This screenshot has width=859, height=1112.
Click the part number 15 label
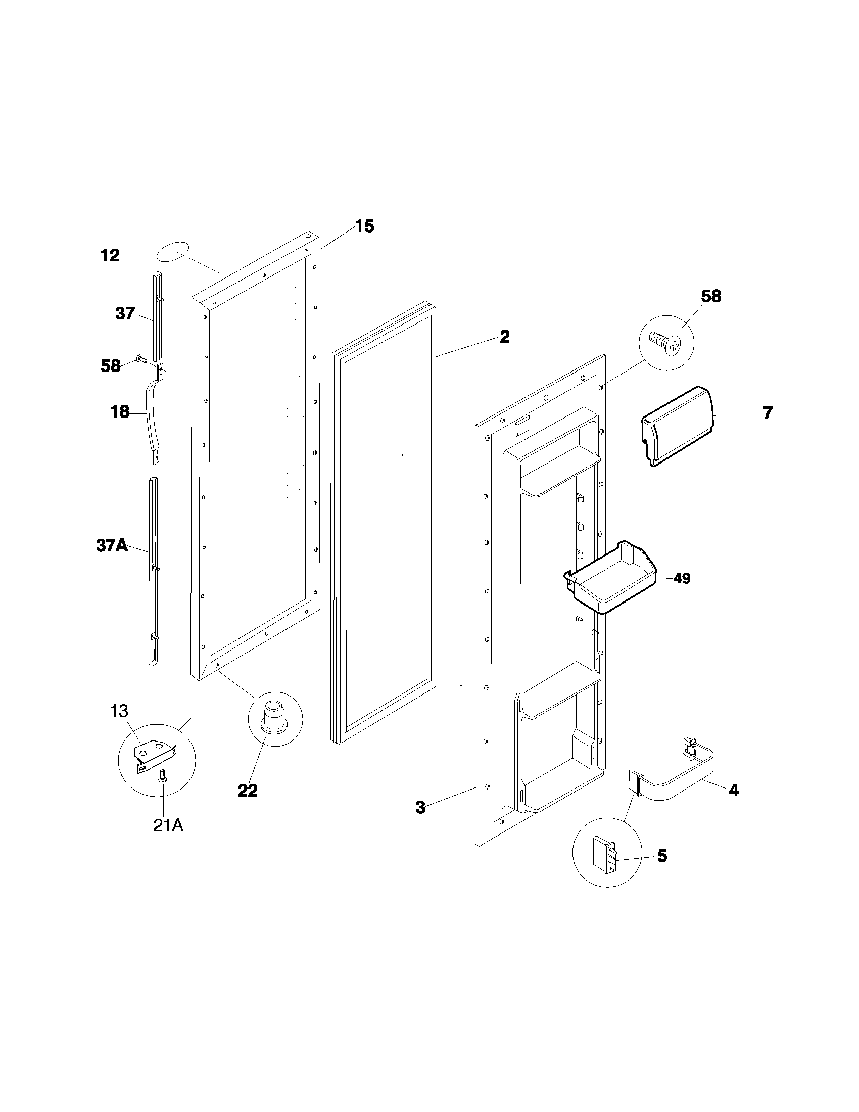pyautogui.click(x=364, y=226)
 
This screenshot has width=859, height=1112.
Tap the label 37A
pyautogui.click(x=112, y=546)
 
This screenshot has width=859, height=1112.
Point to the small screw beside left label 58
pyautogui.click(x=141, y=359)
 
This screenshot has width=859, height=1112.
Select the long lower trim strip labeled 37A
pyautogui.click(x=153, y=570)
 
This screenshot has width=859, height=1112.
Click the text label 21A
pyautogui.click(x=168, y=825)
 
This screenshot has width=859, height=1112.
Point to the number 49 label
pyautogui.click(x=682, y=578)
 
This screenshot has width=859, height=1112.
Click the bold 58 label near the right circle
pyautogui.click(x=710, y=296)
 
